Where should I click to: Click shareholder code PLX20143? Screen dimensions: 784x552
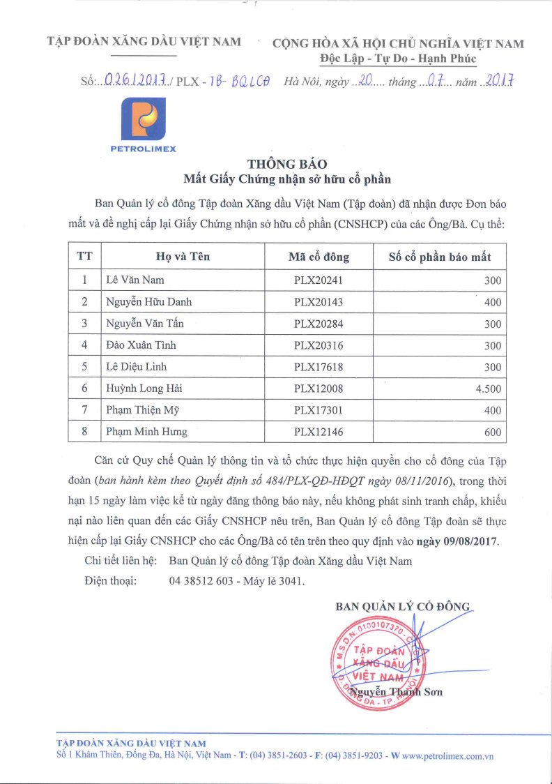tap(318, 302)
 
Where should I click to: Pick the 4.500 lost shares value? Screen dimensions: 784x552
tap(488, 389)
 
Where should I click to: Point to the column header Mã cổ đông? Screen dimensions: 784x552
tap(319, 257)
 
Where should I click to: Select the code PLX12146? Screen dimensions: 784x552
tap(318, 432)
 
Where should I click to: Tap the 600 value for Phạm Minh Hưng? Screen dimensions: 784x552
tap(492, 432)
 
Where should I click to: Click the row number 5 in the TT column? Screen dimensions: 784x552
tap(84, 367)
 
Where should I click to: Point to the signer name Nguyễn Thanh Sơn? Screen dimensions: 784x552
tap(397, 692)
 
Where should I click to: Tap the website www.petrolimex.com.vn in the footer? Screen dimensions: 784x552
tap(447, 755)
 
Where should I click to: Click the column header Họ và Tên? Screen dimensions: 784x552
tap(183, 257)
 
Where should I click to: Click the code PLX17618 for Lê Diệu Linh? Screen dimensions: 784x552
tap(318, 367)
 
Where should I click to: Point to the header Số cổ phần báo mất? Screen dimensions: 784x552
tap(439, 257)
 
